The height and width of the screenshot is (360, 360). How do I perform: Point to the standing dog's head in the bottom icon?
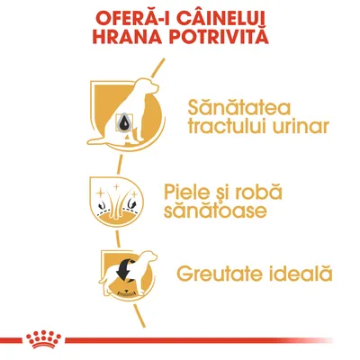tap(139, 260)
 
